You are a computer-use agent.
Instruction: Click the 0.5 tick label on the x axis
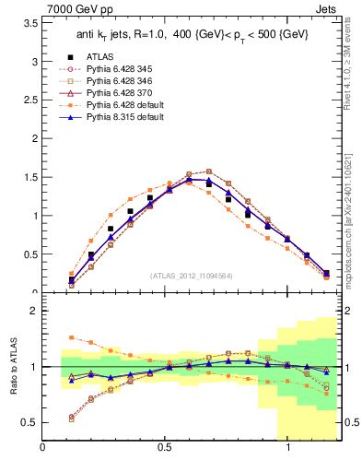pyautogui.click(x=165, y=447)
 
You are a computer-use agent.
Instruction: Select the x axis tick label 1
pyautogui.click(x=288, y=447)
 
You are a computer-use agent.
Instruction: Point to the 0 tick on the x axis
pyautogui.click(x=42, y=447)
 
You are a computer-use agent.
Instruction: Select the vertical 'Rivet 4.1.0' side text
pyautogui.click(x=354, y=81)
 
